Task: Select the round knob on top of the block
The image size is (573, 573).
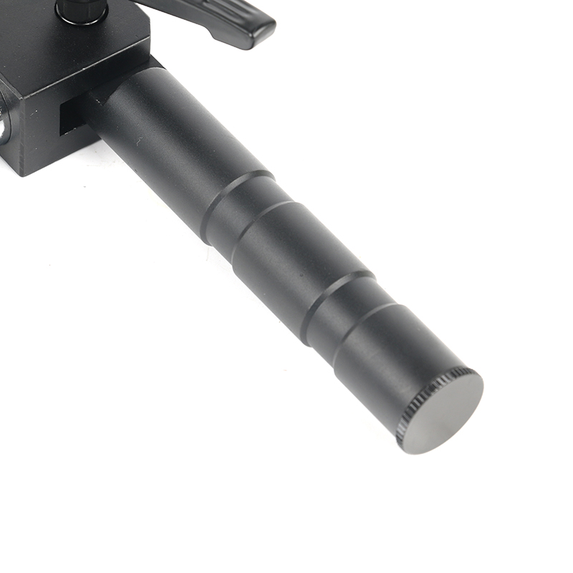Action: (81, 9)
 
